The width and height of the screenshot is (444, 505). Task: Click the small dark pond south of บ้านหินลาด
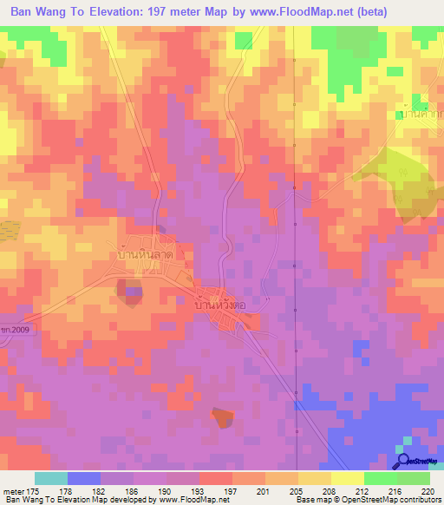[132, 293]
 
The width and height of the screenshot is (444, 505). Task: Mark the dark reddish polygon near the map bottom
[223, 417]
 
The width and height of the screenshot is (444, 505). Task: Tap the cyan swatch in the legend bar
[51, 478]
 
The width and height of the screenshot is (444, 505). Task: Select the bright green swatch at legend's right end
[413, 478]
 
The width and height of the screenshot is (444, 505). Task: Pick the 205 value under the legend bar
[297, 490]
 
